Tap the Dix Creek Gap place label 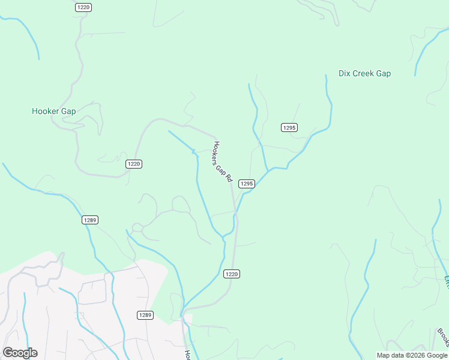364,74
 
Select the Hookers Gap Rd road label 223,162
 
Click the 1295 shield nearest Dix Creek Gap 289,127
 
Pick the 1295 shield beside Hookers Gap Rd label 247,184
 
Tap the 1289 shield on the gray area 145,315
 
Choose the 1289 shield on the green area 90,220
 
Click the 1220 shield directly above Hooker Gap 83,7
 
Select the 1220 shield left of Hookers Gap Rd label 134,164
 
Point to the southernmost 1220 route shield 232,274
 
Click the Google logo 20,353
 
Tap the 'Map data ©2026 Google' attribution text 412,355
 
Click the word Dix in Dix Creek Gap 345,74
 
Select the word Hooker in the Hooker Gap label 46,111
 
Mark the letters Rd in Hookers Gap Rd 230,178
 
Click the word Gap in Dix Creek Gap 384,74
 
